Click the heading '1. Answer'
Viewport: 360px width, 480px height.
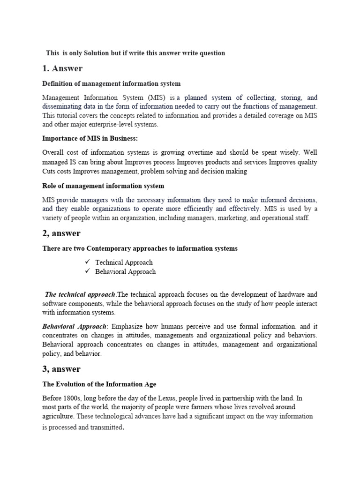click(x=62, y=68)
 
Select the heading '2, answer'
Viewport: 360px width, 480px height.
click(x=61, y=233)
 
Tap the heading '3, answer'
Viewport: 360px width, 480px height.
click(x=61, y=369)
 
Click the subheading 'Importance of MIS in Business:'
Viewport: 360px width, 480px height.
click(x=90, y=138)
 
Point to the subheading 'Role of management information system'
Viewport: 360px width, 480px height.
click(x=103, y=186)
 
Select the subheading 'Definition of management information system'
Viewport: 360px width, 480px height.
click(x=111, y=83)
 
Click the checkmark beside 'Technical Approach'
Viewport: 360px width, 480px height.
click(x=87, y=262)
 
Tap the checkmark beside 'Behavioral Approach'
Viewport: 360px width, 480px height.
click(x=87, y=271)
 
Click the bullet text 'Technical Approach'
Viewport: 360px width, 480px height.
click(x=124, y=262)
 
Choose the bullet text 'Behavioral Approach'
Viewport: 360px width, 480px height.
click(x=125, y=271)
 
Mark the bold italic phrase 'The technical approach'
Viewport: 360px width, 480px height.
click(x=80, y=294)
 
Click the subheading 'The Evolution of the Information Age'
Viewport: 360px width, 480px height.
click(x=99, y=384)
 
